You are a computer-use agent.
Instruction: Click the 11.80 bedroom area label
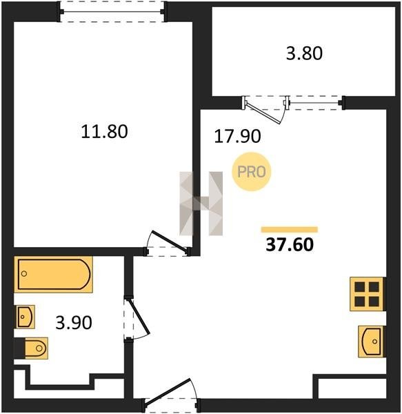click(104, 132)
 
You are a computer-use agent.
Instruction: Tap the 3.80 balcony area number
click(304, 53)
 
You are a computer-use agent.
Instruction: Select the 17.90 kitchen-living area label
click(237, 136)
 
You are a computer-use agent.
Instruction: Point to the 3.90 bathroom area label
click(74, 322)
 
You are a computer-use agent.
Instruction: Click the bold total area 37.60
click(290, 244)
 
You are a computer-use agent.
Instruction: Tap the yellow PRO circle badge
click(252, 172)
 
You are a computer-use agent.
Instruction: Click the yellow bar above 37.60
click(290, 230)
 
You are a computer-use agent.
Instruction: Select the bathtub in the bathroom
click(54, 275)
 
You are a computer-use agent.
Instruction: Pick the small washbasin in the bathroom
click(26, 317)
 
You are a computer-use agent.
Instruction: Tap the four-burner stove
click(368, 294)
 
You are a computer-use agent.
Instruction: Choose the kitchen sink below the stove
click(372, 342)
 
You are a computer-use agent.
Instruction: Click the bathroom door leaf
click(138, 317)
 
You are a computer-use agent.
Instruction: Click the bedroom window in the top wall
click(112, 12)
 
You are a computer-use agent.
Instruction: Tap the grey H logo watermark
click(201, 204)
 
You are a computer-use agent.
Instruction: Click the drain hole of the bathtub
click(24, 273)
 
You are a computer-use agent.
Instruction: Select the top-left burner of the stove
click(359, 287)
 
